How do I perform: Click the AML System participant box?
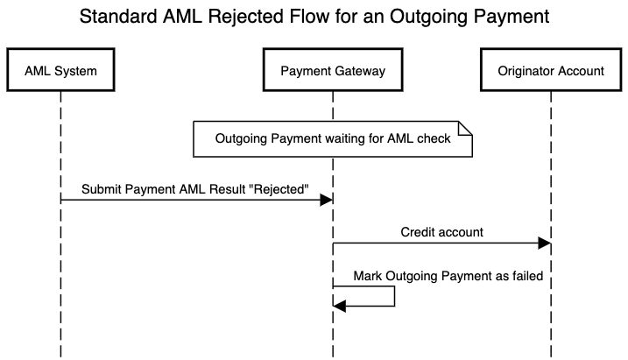(60, 71)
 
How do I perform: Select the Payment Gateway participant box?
(332, 71)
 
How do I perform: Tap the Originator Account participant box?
(550, 71)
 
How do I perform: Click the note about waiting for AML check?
(332, 138)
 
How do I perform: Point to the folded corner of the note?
(466, 128)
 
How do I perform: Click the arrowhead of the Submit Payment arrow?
(327, 201)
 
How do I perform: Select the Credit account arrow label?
(442, 233)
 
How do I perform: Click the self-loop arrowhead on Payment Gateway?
(341, 305)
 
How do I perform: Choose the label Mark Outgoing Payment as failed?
(448, 276)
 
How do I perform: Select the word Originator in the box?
(526, 71)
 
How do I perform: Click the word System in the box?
(76, 71)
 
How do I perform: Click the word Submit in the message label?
(102, 189)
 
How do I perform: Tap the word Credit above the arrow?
(420, 233)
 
